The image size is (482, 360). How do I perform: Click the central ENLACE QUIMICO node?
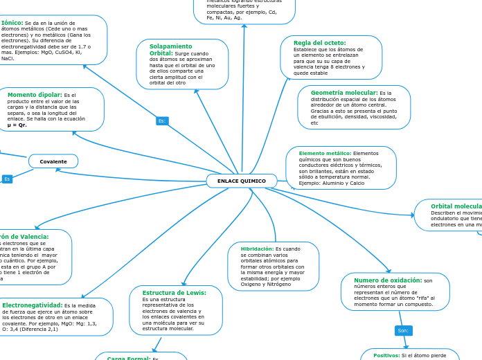[x=242, y=181]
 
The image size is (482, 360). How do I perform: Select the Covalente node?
[x=53, y=161]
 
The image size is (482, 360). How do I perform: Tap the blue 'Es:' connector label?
[x=162, y=120]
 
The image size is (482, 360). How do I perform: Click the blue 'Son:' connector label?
[x=403, y=330]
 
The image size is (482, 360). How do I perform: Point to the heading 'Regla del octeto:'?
[x=319, y=43]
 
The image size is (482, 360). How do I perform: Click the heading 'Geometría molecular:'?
[x=344, y=92]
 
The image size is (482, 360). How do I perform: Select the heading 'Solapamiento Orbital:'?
[x=170, y=50]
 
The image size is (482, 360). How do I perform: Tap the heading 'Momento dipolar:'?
[x=35, y=95]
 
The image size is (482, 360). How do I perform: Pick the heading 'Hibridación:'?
[x=257, y=249]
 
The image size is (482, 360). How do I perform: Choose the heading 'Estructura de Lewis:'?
[x=174, y=293]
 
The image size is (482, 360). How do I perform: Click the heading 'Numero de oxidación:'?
[x=388, y=280]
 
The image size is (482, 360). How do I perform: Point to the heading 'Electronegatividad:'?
[x=32, y=305]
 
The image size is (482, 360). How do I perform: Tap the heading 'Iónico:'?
[x=12, y=23]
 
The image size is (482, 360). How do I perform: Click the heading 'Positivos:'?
[x=386, y=355]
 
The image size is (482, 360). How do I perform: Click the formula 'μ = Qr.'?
[x=17, y=125]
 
